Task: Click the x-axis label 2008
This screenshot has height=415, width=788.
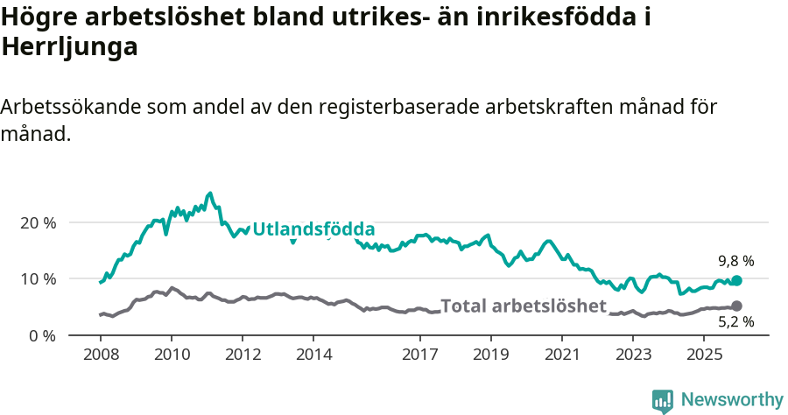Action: (x=100, y=355)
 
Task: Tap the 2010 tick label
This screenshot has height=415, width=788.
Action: (x=172, y=355)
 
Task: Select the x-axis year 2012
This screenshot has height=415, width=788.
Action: (x=243, y=355)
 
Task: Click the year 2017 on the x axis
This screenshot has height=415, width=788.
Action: (x=420, y=355)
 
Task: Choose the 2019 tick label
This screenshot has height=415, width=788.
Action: (x=491, y=355)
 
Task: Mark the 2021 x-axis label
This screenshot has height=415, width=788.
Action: (x=563, y=355)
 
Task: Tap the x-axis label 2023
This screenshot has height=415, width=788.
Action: (x=634, y=355)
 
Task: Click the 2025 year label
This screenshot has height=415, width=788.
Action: (x=705, y=355)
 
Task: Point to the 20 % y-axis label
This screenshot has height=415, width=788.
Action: (x=38, y=222)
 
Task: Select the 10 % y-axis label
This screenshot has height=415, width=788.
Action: (x=38, y=279)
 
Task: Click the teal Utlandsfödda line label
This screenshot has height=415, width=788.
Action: (x=313, y=229)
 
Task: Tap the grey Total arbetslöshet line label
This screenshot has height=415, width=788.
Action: (x=523, y=306)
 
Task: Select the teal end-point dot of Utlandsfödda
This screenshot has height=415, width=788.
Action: (x=736, y=280)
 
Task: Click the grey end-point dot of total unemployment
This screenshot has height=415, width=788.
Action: (x=736, y=306)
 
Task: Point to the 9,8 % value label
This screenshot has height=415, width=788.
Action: (x=735, y=261)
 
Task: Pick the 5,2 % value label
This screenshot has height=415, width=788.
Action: (x=735, y=322)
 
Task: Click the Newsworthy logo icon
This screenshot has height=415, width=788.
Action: (x=663, y=401)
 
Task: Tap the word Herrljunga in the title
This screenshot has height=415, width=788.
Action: (x=70, y=48)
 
